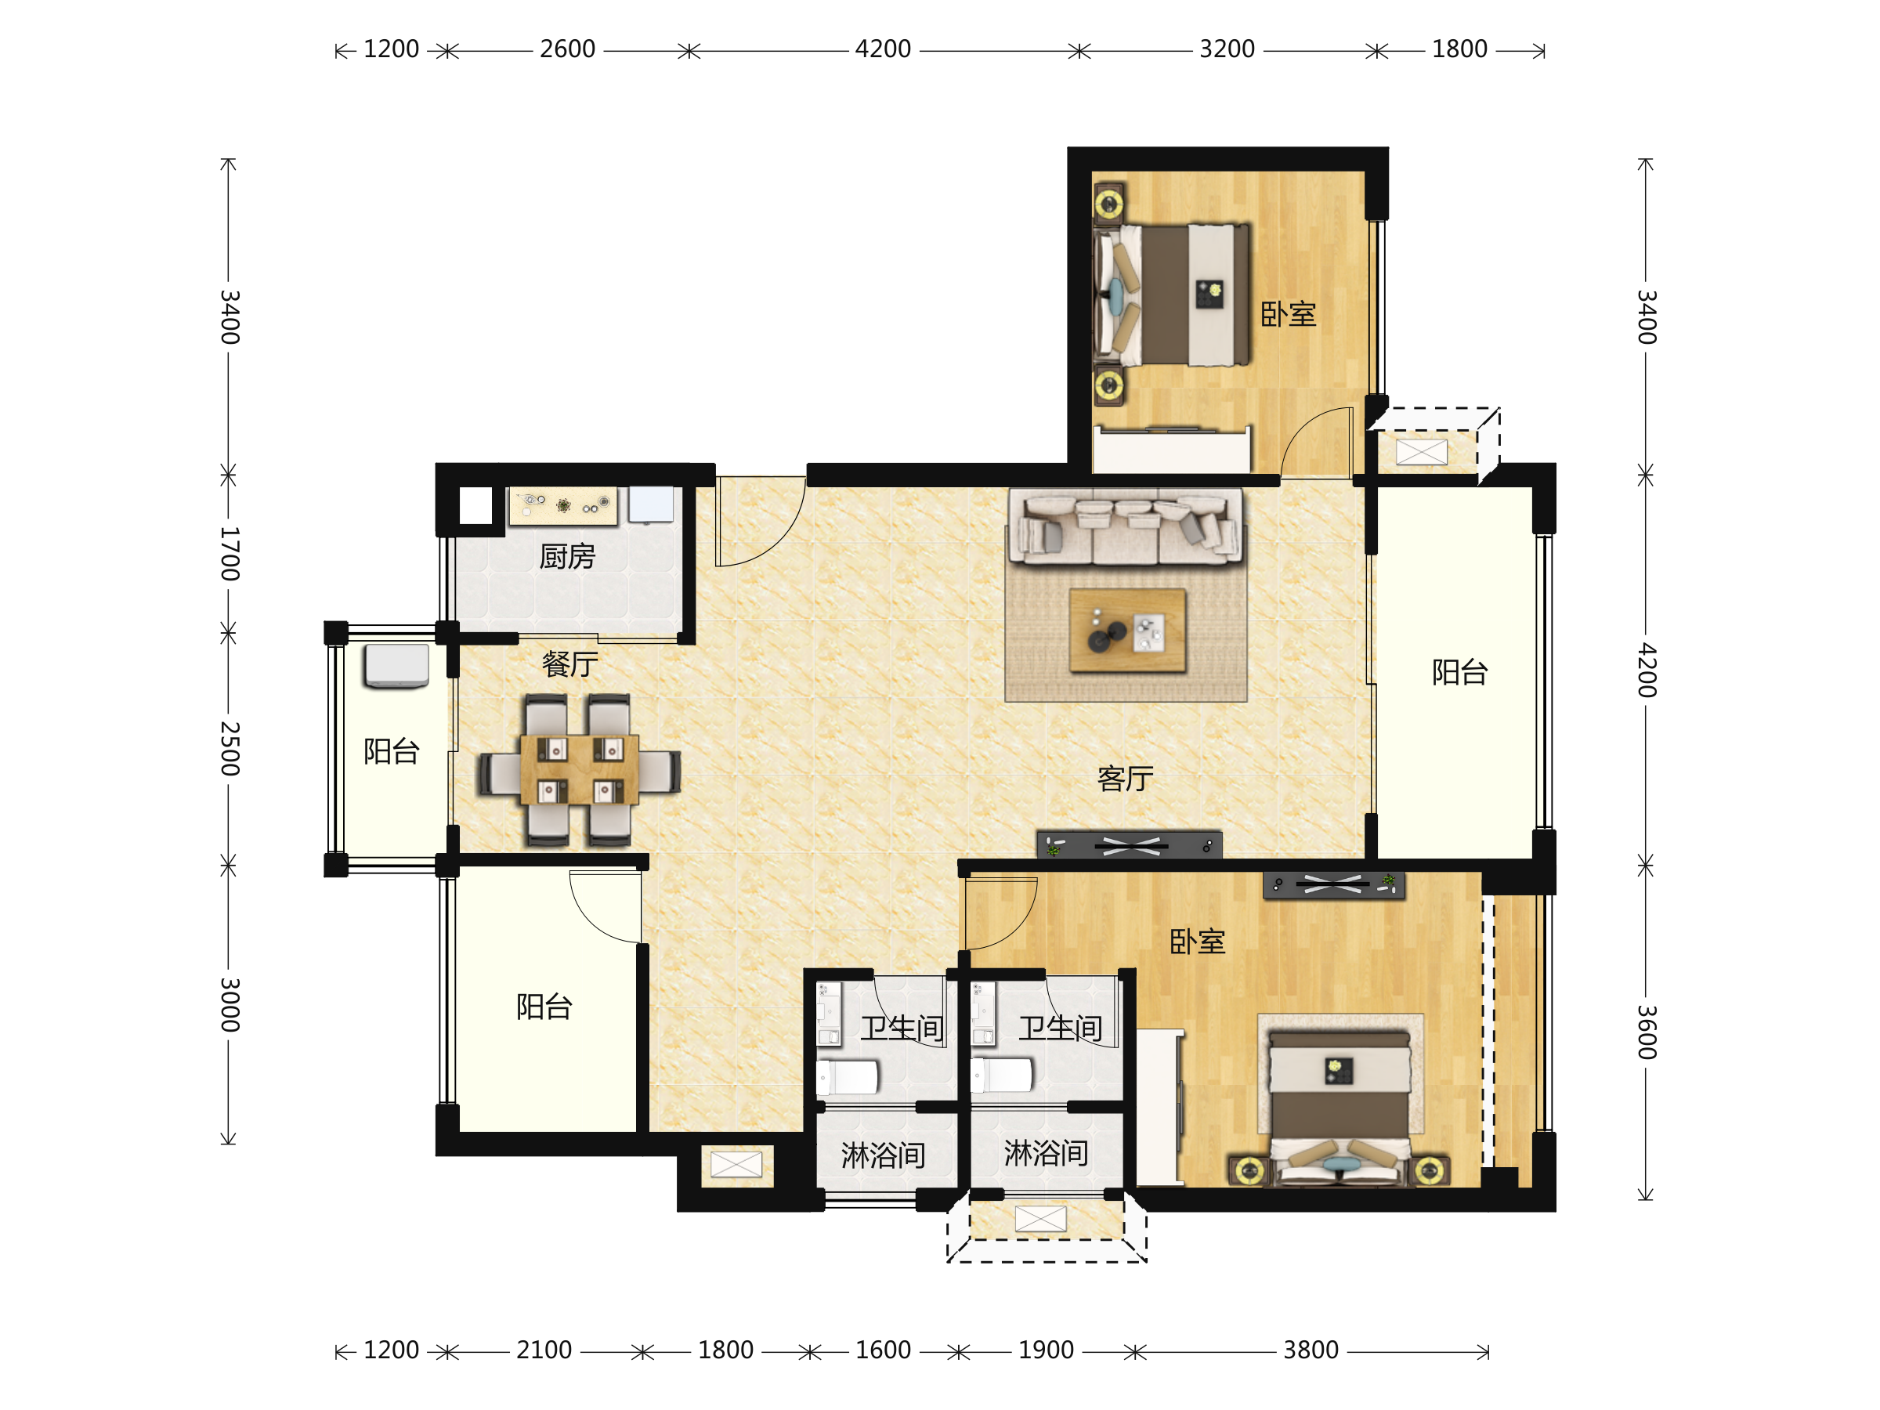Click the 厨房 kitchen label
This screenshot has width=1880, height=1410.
pyautogui.click(x=567, y=557)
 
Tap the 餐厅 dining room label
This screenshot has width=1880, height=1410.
pyautogui.click(x=570, y=663)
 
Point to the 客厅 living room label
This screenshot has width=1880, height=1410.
pyautogui.click(x=1126, y=778)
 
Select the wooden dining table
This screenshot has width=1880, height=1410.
pyautogui.click(x=579, y=770)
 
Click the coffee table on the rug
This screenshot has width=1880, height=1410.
pyautogui.click(x=1127, y=631)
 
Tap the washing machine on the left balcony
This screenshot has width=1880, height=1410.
pyautogui.click(x=396, y=667)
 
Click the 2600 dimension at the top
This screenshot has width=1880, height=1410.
pyautogui.click(x=568, y=49)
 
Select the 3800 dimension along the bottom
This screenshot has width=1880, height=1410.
pyautogui.click(x=1311, y=1350)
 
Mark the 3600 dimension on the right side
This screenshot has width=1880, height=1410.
pyautogui.click(x=1647, y=1032)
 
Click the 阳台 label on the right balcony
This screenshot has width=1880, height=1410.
pyautogui.click(x=1459, y=672)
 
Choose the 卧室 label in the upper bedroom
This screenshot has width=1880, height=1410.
pyautogui.click(x=1288, y=314)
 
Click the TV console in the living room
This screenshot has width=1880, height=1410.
pyautogui.click(x=1129, y=844)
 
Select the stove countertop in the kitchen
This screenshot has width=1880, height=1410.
pyautogui.click(x=562, y=506)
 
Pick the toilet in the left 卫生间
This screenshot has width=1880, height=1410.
pyautogui.click(x=848, y=1077)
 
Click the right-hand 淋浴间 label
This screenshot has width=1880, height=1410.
pyautogui.click(x=1047, y=1153)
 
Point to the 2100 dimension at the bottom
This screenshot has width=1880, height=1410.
pyautogui.click(x=544, y=1350)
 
